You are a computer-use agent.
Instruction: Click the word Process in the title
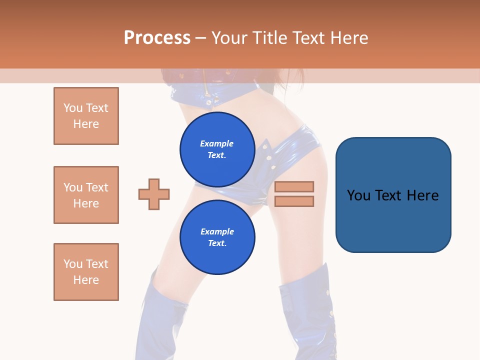157,38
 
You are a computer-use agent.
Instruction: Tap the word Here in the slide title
347,38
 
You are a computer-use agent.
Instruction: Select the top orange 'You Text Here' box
86,116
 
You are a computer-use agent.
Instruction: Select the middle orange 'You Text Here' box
86,195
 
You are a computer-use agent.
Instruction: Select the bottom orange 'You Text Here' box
86,272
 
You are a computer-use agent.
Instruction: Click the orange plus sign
154,194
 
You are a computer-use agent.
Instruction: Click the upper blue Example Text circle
217,149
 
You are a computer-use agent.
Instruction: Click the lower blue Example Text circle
217,237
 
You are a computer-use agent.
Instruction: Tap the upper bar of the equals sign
294,187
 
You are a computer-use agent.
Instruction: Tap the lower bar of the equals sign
294,201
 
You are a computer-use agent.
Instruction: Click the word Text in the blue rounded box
389,195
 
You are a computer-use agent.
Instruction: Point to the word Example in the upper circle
217,143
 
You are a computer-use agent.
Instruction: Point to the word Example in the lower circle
217,231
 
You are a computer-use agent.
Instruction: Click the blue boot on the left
160,320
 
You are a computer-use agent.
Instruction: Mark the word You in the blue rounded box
358,195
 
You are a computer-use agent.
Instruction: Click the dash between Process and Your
200,38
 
